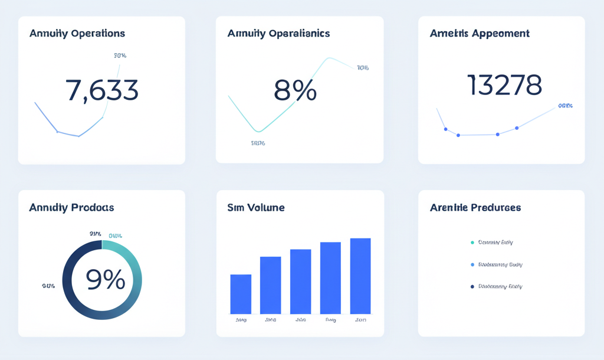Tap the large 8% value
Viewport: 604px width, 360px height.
(x=295, y=90)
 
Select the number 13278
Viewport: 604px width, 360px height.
(x=504, y=86)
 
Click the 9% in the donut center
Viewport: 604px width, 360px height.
(x=106, y=279)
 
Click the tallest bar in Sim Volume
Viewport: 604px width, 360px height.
(x=360, y=276)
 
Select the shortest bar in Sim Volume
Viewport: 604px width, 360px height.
(x=241, y=294)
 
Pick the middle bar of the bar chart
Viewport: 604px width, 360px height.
(x=300, y=281)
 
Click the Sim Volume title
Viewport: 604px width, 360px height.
(x=256, y=208)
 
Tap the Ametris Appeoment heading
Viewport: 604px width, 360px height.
(x=480, y=34)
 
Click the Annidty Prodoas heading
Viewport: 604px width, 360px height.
(x=71, y=208)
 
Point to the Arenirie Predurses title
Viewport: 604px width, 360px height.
(x=475, y=208)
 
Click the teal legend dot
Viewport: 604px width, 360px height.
(x=472, y=243)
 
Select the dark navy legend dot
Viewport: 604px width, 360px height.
(x=472, y=287)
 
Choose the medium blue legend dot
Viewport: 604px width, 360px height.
(x=472, y=265)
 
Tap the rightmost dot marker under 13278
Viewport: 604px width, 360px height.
(x=517, y=128)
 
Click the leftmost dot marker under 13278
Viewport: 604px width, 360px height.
(x=445, y=129)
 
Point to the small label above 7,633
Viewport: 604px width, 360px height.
(x=120, y=55)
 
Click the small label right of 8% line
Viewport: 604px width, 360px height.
(x=363, y=68)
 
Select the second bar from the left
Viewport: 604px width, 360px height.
(x=270, y=285)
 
